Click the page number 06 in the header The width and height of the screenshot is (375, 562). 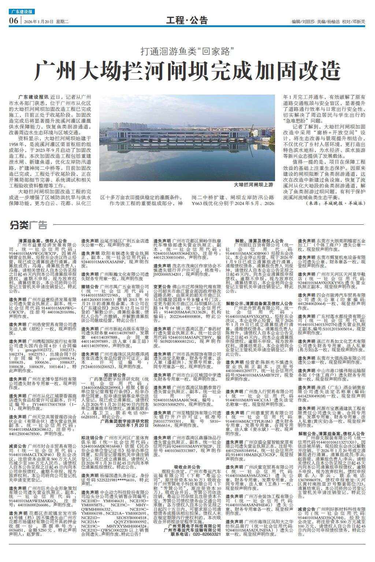tap(13, 21)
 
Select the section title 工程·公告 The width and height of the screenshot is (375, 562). tap(187, 21)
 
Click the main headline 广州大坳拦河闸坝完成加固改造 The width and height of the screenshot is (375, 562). tap(187, 71)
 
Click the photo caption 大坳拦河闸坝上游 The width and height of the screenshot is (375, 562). tap(254, 185)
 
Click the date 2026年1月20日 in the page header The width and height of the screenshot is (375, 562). tap(39, 22)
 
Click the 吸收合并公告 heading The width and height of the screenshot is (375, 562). tap(187, 467)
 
